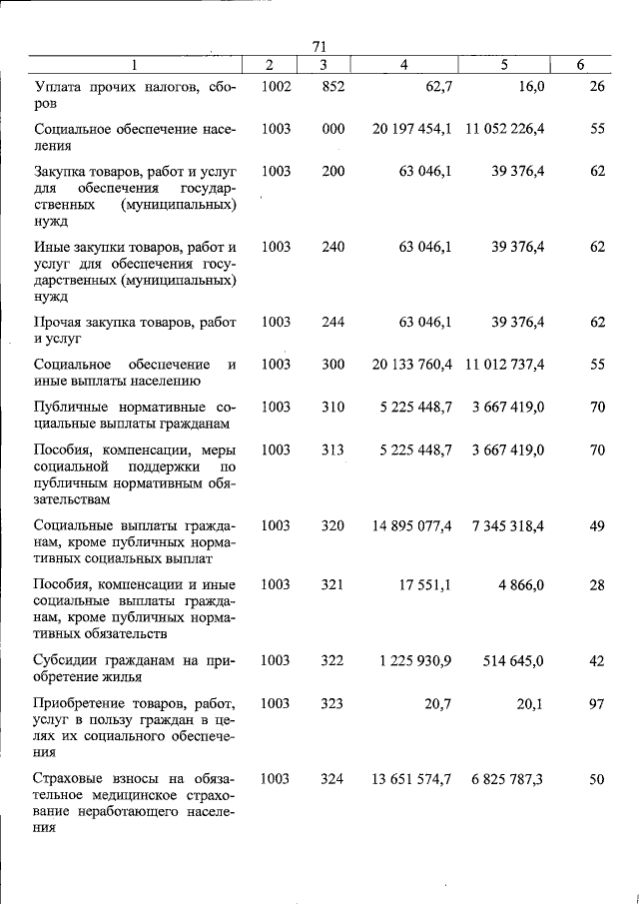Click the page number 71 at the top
click(319, 46)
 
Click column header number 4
click(403, 65)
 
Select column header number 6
click(580, 65)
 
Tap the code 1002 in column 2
click(276, 87)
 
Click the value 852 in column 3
click(332, 87)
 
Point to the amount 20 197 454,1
click(412, 129)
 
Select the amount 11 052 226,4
click(504, 129)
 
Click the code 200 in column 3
click(332, 171)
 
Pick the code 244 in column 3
click(332, 322)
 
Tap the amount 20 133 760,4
click(412, 365)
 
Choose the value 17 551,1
click(426, 584)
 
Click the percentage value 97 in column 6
click(597, 703)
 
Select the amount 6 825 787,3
click(507, 778)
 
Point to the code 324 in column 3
click(332, 778)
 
